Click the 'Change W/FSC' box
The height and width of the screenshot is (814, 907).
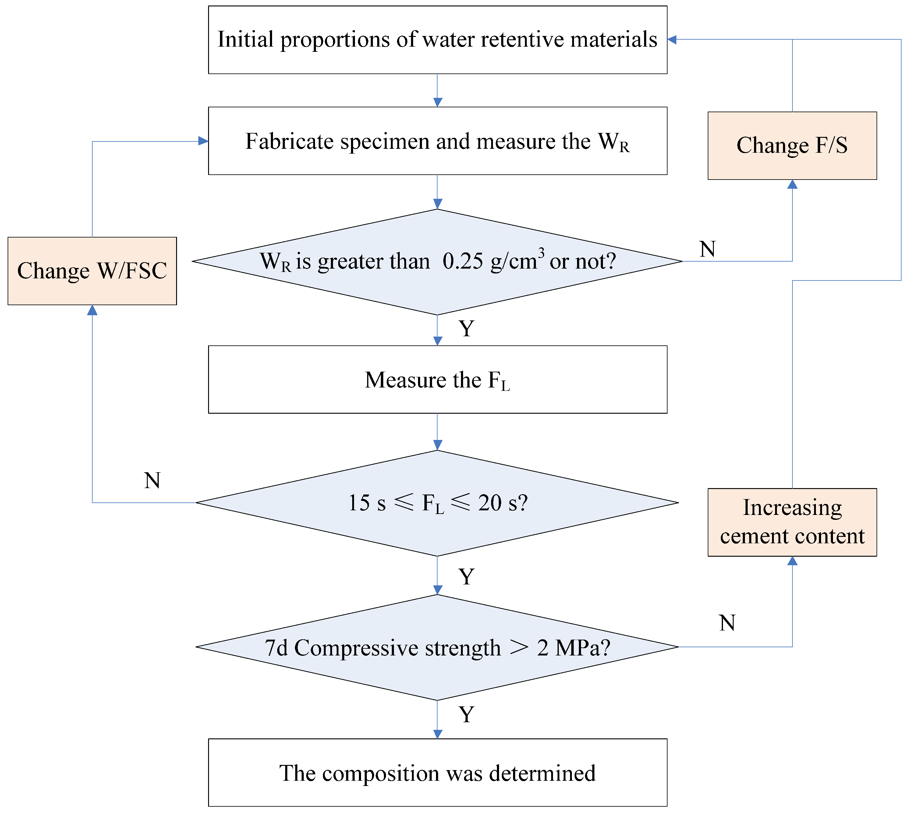(92, 271)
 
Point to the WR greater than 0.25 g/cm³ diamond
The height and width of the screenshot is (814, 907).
(437, 262)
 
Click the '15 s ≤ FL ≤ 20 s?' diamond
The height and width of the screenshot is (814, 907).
(437, 503)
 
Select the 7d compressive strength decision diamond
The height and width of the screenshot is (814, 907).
(437, 647)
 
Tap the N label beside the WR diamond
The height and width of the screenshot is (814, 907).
(707, 249)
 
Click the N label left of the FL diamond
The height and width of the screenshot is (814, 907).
(152, 480)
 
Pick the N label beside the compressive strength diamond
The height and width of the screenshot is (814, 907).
(727, 623)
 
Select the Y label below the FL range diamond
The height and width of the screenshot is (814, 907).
(466, 577)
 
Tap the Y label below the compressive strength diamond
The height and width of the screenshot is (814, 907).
(466, 714)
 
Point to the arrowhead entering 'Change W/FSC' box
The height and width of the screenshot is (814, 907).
(92, 310)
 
